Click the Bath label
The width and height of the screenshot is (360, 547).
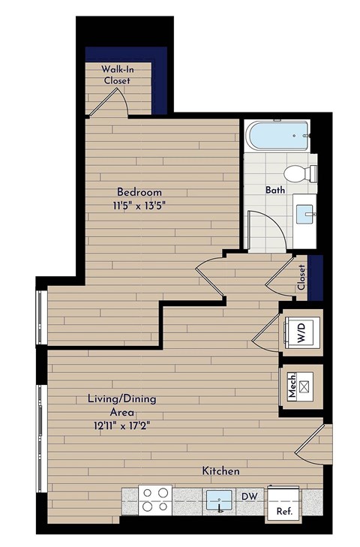[x=274, y=191]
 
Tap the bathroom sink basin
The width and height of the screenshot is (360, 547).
[x=307, y=214]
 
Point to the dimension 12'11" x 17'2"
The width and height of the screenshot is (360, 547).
[x=121, y=425]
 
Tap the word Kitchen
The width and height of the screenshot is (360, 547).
[x=220, y=471]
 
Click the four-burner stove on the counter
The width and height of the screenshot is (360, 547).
[x=156, y=500]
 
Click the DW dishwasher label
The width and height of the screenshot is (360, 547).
[x=249, y=496]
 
